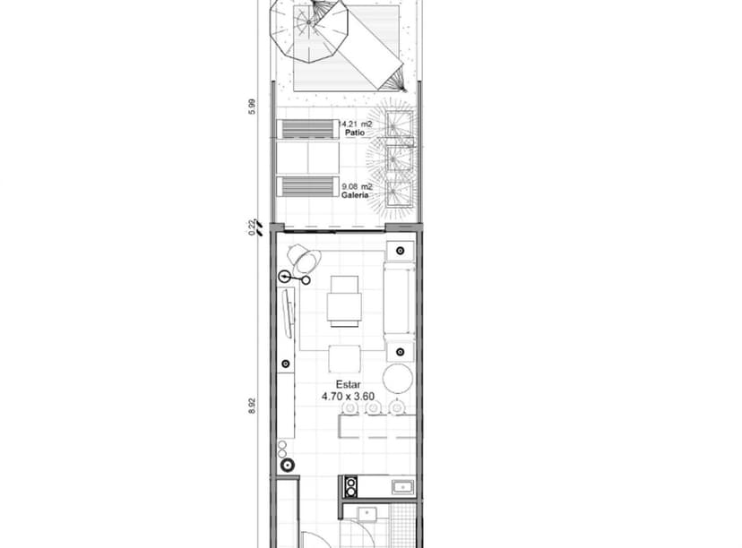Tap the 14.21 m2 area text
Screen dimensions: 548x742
point(356,124)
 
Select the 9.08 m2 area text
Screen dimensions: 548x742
point(356,186)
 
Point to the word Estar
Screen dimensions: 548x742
point(337,384)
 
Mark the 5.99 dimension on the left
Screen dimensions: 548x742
point(253,106)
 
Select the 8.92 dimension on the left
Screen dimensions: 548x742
point(253,406)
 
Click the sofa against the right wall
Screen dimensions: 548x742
point(399,299)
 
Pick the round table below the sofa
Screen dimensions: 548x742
point(398,379)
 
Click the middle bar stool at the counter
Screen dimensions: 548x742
point(374,408)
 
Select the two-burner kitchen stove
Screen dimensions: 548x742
point(351,487)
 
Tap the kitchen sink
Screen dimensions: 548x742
point(403,487)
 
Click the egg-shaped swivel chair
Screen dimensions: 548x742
point(305,261)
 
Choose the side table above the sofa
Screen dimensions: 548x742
point(400,252)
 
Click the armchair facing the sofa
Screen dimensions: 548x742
point(345,299)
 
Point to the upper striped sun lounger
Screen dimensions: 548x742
point(307,129)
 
